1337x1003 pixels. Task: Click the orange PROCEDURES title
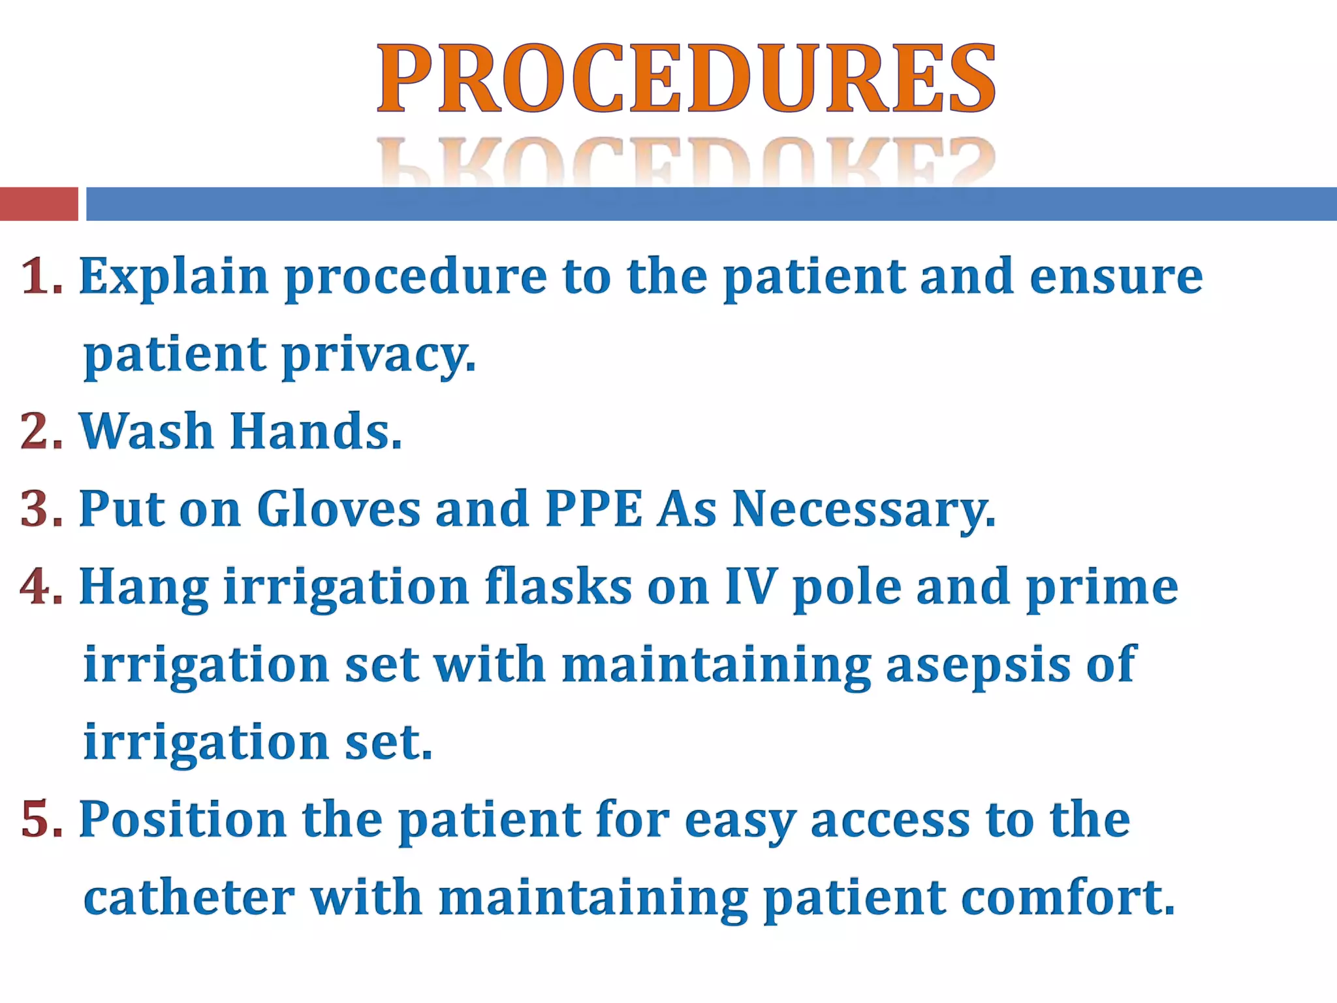coord(686,78)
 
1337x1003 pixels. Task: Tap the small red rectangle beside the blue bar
coord(39,204)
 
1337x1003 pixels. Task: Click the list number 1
coord(39,277)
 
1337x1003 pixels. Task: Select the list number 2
coord(39,432)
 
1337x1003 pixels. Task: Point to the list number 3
coord(39,509)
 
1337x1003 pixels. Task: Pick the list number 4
coord(39,586)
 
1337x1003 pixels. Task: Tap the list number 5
coord(39,819)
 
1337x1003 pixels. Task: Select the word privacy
coord(379,356)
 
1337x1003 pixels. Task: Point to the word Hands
coord(315,432)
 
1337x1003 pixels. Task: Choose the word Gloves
coord(339,509)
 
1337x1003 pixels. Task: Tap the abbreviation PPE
coord(593,509)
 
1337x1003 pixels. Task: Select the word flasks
coord(559,586)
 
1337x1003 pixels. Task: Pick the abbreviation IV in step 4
coord(751,586)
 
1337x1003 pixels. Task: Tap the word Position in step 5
coord(183,819)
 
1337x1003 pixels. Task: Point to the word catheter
coord(189,897)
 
